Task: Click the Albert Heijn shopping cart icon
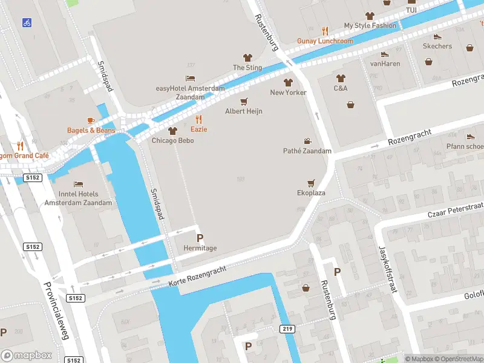244,101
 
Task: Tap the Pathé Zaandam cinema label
307,151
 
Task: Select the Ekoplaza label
311,192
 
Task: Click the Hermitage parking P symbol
200,238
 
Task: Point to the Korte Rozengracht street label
197,271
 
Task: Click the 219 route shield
287,329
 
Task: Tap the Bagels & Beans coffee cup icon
91,120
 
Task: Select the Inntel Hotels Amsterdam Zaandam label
78,198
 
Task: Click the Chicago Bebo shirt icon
172,131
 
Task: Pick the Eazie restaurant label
199,129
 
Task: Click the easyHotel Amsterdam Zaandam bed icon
190,79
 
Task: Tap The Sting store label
247,68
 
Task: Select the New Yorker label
288,93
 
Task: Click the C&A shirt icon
341,77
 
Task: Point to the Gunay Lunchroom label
325,41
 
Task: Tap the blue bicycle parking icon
27,23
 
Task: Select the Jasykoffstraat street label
387,269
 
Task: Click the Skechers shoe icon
437,36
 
